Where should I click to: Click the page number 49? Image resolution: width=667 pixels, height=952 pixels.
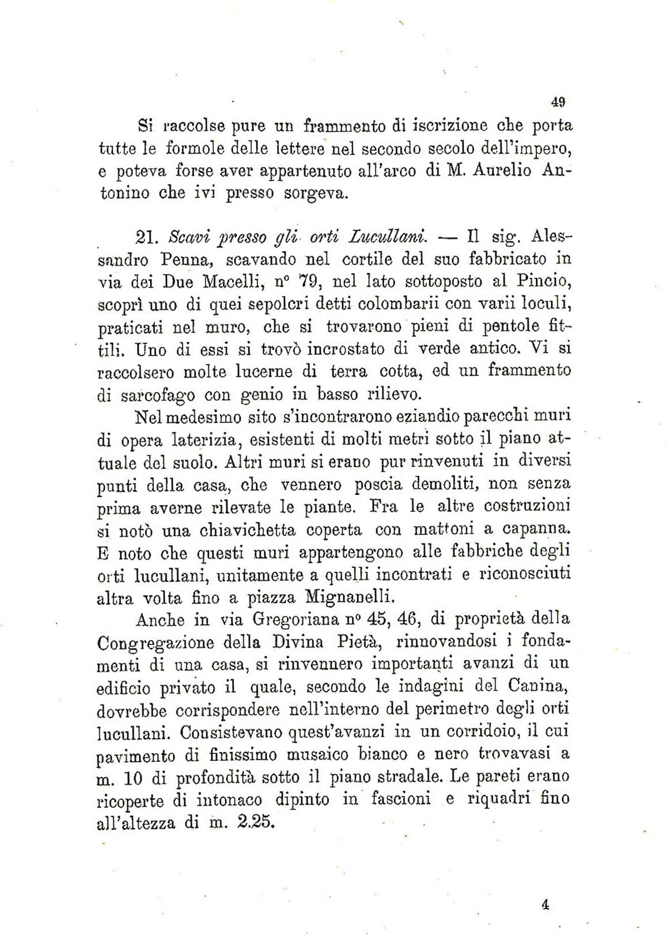[x=557, y=103]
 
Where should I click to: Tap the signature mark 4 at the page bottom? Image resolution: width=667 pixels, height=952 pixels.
[x=545, y=904]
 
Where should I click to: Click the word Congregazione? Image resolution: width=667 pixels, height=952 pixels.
[x=156, y=642]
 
